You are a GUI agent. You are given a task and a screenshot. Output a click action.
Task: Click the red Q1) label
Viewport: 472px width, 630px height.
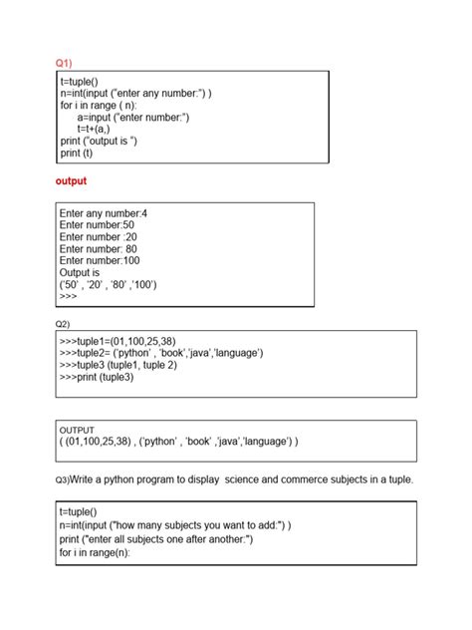[64, 62]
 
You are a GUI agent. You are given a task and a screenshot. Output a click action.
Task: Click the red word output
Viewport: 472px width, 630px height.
[71, 180]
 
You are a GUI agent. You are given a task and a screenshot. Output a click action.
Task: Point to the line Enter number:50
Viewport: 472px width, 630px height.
[97, 225]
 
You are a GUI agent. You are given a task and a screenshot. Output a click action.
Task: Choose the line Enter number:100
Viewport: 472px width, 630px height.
[100, 260]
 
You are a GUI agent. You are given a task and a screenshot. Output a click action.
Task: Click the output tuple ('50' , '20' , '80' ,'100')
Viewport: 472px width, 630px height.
[109, 284]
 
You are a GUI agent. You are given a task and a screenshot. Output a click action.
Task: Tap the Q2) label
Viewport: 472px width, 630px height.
[63, 325]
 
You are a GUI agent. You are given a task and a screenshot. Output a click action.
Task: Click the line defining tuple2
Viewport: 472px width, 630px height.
[160, 353]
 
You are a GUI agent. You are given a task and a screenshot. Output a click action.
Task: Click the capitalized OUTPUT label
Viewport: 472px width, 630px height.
[78, 430]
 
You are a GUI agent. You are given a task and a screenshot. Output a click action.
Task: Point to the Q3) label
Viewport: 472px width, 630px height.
[62, 480]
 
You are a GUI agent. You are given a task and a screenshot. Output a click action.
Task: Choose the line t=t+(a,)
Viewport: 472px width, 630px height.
[100, 129]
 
